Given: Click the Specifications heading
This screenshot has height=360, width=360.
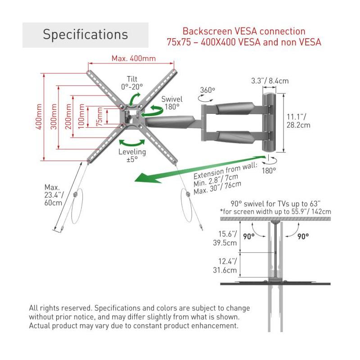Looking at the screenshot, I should coord(85,35).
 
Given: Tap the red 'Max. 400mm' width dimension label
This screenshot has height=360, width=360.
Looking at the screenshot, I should coord(134,58).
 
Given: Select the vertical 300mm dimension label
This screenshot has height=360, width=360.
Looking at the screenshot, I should coord(54,117).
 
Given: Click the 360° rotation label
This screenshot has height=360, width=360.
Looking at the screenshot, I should coord(207,90).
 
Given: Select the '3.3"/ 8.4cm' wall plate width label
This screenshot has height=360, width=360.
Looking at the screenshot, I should coord(270,81).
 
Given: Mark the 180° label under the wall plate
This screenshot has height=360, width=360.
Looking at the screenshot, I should coord(269,171).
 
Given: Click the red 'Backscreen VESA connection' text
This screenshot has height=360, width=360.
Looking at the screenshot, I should coord(243,31).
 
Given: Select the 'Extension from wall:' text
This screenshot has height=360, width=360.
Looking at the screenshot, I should coord(225,170).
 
